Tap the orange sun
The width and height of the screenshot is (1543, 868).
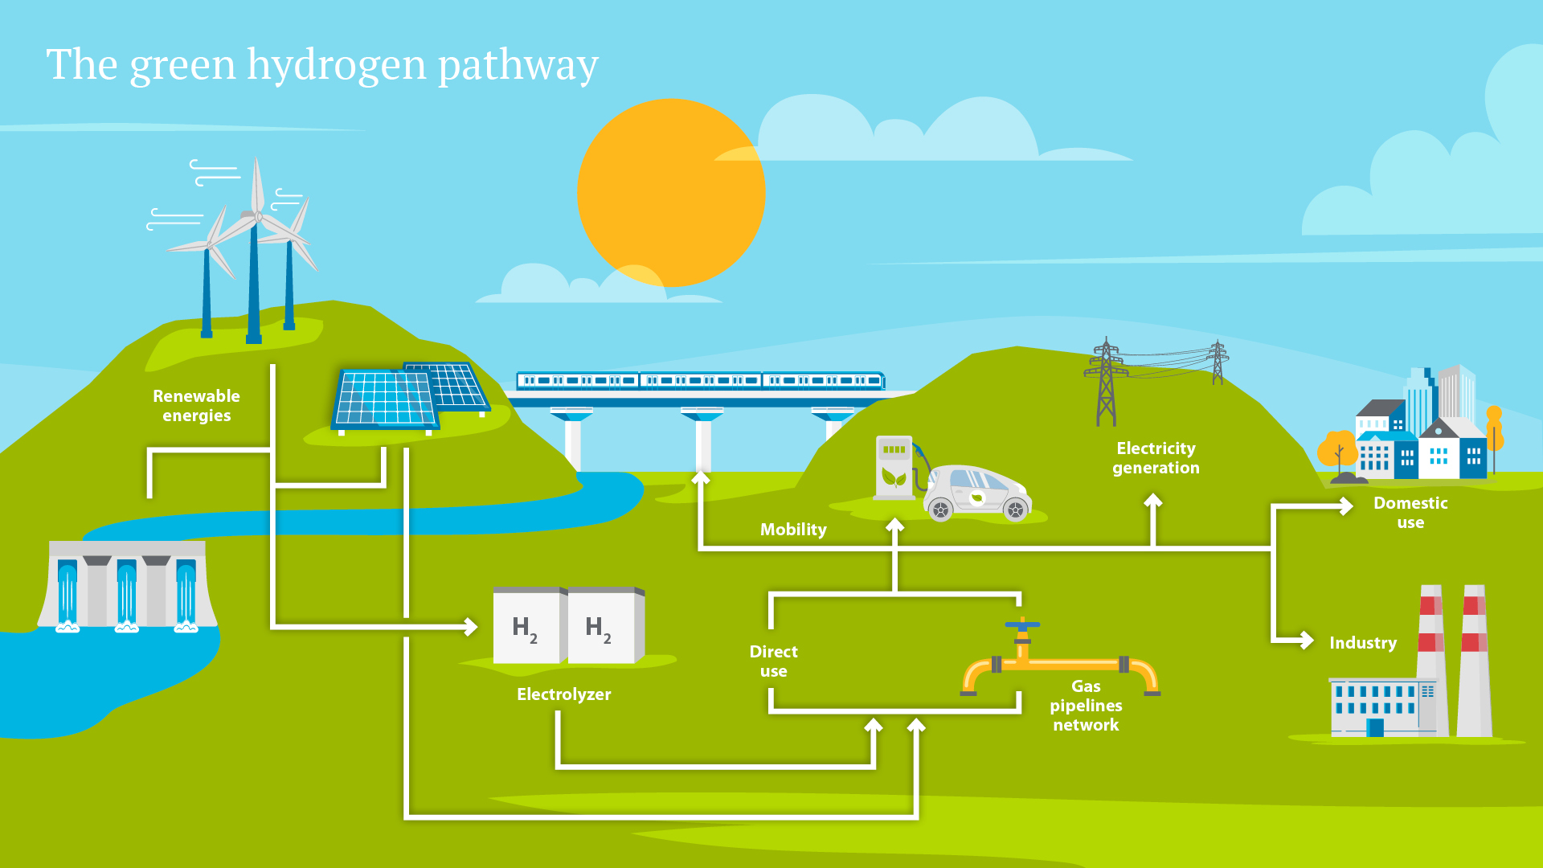click(671, 193)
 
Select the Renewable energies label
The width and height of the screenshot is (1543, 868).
click(196, 406)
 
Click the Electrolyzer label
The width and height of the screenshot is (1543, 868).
click(563, 694)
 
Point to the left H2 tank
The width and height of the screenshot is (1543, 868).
click(526, 627)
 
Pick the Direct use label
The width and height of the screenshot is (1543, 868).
click(773, 661)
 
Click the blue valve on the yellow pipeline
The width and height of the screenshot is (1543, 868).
click(1022, 625)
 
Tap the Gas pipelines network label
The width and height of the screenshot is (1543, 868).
click(1086, 706)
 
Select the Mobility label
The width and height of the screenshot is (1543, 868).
click(793, 530)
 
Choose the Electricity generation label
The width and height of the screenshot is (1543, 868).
click(1156, 458)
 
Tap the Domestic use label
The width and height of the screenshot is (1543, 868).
click(1410, 513)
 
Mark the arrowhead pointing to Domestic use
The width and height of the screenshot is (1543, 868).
click(1346, 506)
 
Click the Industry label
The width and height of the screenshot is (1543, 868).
click(1363, 643)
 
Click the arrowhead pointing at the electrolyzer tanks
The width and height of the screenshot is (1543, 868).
click(471, 626)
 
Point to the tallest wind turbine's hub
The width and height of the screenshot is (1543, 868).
click(258, 216)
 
